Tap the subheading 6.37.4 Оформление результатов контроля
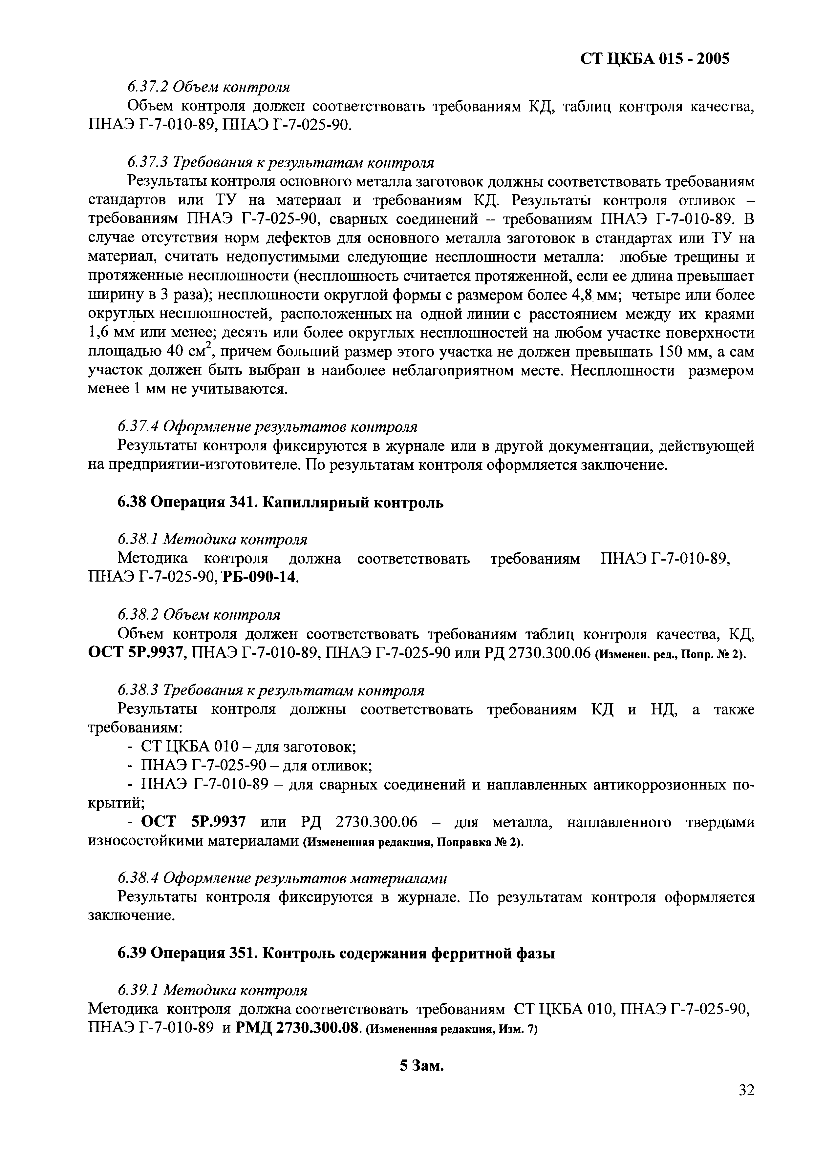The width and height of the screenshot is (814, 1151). click(267, 427)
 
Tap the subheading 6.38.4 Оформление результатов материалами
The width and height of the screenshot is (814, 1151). click(282, 878)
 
